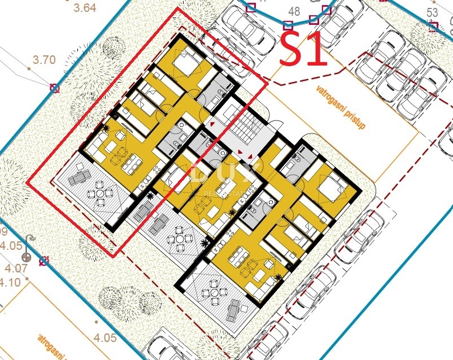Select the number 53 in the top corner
[x=432, y=12]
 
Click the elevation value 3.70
[x=45, y=59]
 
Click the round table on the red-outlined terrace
[x=100, y=194]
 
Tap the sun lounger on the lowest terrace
[x=236, y=309]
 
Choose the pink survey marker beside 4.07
[x=44, y=261]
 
